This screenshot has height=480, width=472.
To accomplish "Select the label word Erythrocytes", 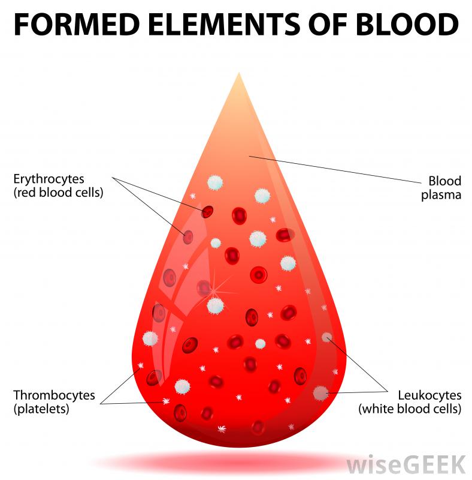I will point(49,179).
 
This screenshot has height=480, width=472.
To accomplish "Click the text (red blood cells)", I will point(58,193).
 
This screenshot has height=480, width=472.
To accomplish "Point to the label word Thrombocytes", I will point(55,395).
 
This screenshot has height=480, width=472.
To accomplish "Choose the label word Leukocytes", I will point(429,395).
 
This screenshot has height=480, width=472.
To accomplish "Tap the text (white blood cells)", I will point(410,409).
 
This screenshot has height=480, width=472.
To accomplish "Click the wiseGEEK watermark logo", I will point(406,464).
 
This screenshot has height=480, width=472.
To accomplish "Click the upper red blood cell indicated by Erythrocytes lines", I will point(207,211).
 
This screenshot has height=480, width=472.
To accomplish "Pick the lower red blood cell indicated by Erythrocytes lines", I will point(188,236).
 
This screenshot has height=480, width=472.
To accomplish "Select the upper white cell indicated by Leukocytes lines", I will point(326,337).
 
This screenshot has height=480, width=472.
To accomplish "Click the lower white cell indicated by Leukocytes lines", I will point(321,393).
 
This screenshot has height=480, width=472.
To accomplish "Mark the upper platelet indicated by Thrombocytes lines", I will point(141,366).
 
